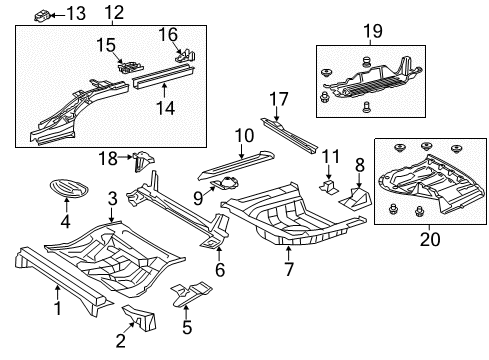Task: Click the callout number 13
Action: click(x=76, y=13)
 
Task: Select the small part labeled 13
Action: click(x=42, y=16)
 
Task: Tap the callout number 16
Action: click(x=168, y=34)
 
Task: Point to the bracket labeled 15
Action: click(x=130, y=66)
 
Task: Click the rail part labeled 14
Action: click(x=163, y=77)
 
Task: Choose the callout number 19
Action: click(x=373, y=31)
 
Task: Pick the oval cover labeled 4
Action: click(x=69, y=188)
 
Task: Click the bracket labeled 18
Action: click(x=143, y=161)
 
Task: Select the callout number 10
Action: click(x=244, y=136)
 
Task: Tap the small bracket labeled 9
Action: click(x=225, y=184)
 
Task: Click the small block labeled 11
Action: click(x=329, y=187)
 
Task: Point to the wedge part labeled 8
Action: click(x=355, y=199)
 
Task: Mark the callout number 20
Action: click(x=430, y=239)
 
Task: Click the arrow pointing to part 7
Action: click(x=288, y=253)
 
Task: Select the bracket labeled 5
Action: click(x=191, y=293)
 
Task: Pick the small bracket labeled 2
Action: click(x=139, y=318)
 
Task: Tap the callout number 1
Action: click(x=58, y=308)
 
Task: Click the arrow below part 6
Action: click(x=219, y=254)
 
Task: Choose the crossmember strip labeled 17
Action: click(x=290, y=137)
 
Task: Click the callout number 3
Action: click(x=113, y=199)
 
